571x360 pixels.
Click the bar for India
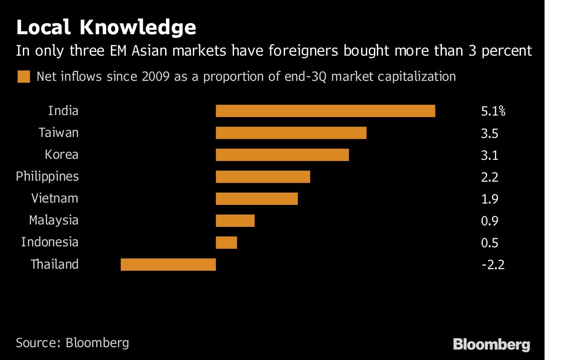tap(325, 111)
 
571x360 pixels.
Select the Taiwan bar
tap(291, 133)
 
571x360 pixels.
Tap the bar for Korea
tap(282, 155)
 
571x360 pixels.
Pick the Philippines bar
tap(263, 176)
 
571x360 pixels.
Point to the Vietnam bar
tap(256, 198)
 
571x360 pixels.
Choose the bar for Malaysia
tap(235, 220)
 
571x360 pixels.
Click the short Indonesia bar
tap(226, 242)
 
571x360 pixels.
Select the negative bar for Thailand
tap(168, 264)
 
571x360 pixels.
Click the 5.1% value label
tap(493, 112)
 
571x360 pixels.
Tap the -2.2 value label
tap(492, 264)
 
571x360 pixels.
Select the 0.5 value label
tap(490, 243)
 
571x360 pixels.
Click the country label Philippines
tap(47, 177)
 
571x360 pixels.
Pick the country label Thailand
tap(54, 264)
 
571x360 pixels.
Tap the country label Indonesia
tap(49, 242)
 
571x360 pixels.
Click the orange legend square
tap(24, 77)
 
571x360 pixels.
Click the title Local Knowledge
tap(106, 28)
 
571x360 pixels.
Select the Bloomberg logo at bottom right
tap(491, 344)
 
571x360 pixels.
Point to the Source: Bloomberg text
tap(72, 342)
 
